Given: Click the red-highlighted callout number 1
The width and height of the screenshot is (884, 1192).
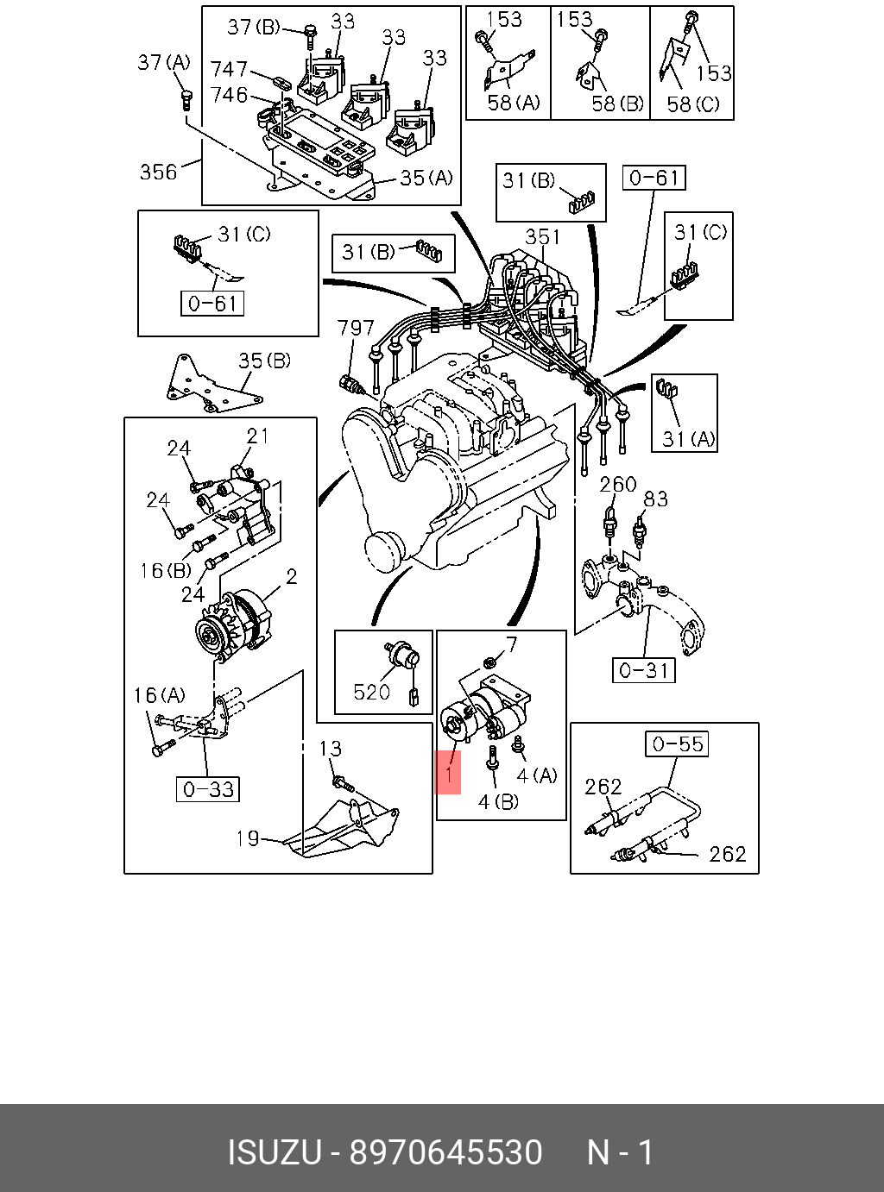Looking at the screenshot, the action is coord(448,774).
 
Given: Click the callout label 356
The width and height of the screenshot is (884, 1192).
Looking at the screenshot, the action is coord(158,172).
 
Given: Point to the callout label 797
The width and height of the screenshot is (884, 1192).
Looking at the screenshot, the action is coord(356,328).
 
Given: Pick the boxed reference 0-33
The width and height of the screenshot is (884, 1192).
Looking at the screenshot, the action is coord(208,789).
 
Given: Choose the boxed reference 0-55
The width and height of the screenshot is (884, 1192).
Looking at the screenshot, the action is coord(678,743).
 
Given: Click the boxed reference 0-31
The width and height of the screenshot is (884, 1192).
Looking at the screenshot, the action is coord(643,670).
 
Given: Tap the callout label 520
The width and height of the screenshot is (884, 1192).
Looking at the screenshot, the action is coord(372,692).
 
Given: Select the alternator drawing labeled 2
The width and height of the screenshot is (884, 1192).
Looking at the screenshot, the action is coord(233,627).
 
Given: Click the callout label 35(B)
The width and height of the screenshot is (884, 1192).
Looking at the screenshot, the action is coord(264,361).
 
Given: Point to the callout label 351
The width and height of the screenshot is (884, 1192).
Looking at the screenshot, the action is coord(543,237).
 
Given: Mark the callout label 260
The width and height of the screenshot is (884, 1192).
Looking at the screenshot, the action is coord(618,485).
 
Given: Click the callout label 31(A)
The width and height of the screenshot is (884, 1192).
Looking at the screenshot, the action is coord(689,439).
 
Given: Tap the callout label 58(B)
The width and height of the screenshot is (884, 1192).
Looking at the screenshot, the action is coord(617,104).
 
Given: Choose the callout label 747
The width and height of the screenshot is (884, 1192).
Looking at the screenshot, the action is coord(229,69).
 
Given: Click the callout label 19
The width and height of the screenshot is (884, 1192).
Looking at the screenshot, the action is coord(248,838).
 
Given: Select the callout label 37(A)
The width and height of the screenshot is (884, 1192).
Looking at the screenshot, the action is coord(164,62).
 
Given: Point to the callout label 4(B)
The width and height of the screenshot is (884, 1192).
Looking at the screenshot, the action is coord(498,802).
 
